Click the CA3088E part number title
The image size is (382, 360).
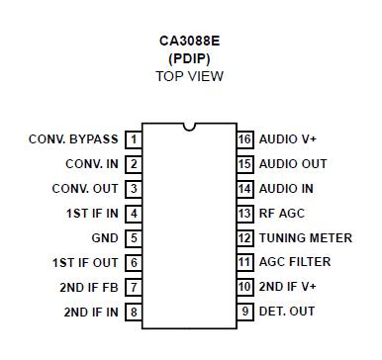click(190, 42)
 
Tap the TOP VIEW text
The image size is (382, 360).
click(190, 75)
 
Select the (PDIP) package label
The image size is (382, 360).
click(190, 58)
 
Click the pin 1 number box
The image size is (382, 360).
click(134, 139)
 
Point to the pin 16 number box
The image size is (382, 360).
click(245, 139)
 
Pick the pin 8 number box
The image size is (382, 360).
click(134, 313)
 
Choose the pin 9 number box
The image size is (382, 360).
click(245, 313)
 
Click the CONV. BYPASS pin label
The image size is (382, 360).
click(74, 139)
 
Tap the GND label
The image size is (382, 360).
click(105, 238)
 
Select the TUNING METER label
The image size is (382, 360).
click(306, 238)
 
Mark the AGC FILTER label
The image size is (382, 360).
click(295, 263)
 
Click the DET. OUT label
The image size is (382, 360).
click(287, 313)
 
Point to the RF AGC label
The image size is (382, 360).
click(283, 214)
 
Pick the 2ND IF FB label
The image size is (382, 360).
click(89, 288)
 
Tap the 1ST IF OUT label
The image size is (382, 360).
click(85, 263)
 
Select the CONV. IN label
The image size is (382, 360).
click(92, 164)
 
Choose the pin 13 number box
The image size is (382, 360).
click(245, 214)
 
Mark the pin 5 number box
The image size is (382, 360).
click(134, 238)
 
